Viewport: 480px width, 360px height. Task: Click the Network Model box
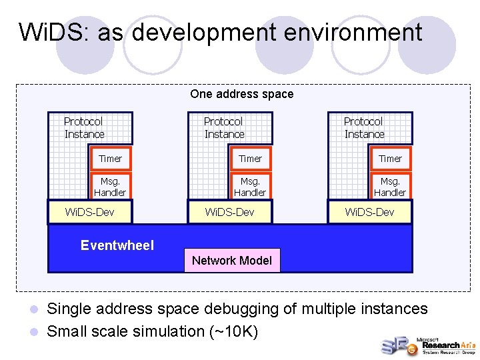pos(232,261)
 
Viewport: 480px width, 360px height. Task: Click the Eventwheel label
pos(117,245)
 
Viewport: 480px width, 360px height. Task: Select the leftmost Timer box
pos(111,159)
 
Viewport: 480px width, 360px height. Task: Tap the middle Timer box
pos(251,159)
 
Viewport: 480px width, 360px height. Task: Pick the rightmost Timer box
pos(391,159)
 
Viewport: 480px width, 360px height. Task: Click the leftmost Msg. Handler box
pos(111,187)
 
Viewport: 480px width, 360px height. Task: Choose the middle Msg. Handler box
pos(251,187)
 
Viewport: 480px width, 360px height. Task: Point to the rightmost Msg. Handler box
pos(391,187)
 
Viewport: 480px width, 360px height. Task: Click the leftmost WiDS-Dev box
pos(90,212)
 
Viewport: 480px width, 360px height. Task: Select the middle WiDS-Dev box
pos(230,212)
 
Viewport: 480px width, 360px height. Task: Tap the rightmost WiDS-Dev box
pos(370,212)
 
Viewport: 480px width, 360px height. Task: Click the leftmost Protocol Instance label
pos(84,128)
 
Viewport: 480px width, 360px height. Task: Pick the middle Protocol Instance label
pos(224,128)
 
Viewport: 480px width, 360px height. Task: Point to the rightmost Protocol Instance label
pos(364,128)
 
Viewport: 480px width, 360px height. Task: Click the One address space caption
pos(241,94)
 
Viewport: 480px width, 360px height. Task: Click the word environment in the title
pos(353,32)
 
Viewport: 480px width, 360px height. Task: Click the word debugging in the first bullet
pos(255,309)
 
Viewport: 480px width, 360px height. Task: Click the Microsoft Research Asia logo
pos(427,345)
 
